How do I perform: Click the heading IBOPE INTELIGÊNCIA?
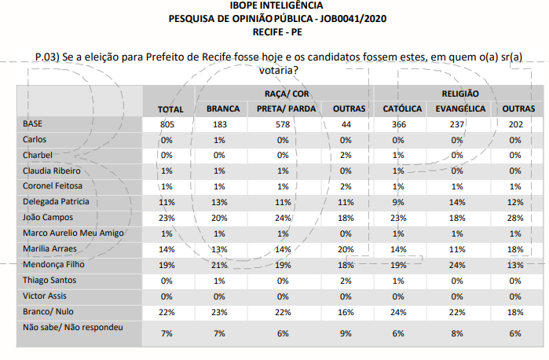pyautogui.click(x=274, y=6)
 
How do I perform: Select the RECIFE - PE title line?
pyautogui.click(x=274, y=32)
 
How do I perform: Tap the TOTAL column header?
pyautogui.click(x=170, y=109)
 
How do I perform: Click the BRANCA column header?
pyautogui.click(x=222, y=108)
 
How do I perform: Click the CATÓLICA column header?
pyautogui.click(x=398, y=108)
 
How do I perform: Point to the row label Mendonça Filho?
pyautogui.click(x=54, y=265)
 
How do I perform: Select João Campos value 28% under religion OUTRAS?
pyautogui.click(x=514, y=216)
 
